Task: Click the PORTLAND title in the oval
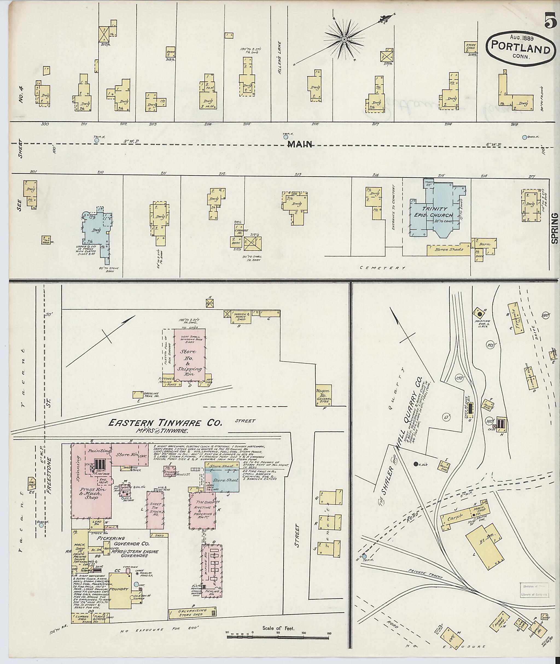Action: tap(520, 50)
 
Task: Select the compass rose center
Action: tap(344, 39)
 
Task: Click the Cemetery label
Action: tap(382, 268)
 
